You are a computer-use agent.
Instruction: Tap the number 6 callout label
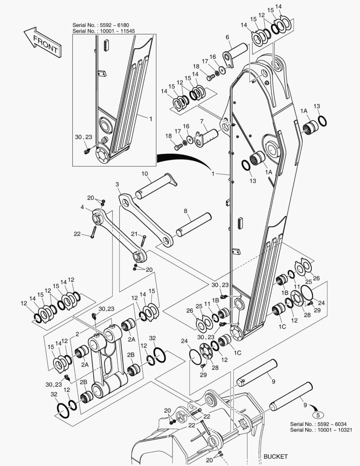(x=227, y=38)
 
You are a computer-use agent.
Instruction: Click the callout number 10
(x=145, y=174)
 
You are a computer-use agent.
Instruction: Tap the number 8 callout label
(x=186, y=211)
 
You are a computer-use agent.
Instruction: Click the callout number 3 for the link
(x=117, y=185)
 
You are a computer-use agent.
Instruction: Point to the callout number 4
(x=82, y=207)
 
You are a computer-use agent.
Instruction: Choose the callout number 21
(x=134, y=234)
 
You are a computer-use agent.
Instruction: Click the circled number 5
(x=318, y=416)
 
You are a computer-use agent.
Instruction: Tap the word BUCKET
(x=275, y=457)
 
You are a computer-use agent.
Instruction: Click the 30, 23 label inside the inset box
(x=84, y=137)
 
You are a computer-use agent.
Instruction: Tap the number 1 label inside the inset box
(x=150, y=118)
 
